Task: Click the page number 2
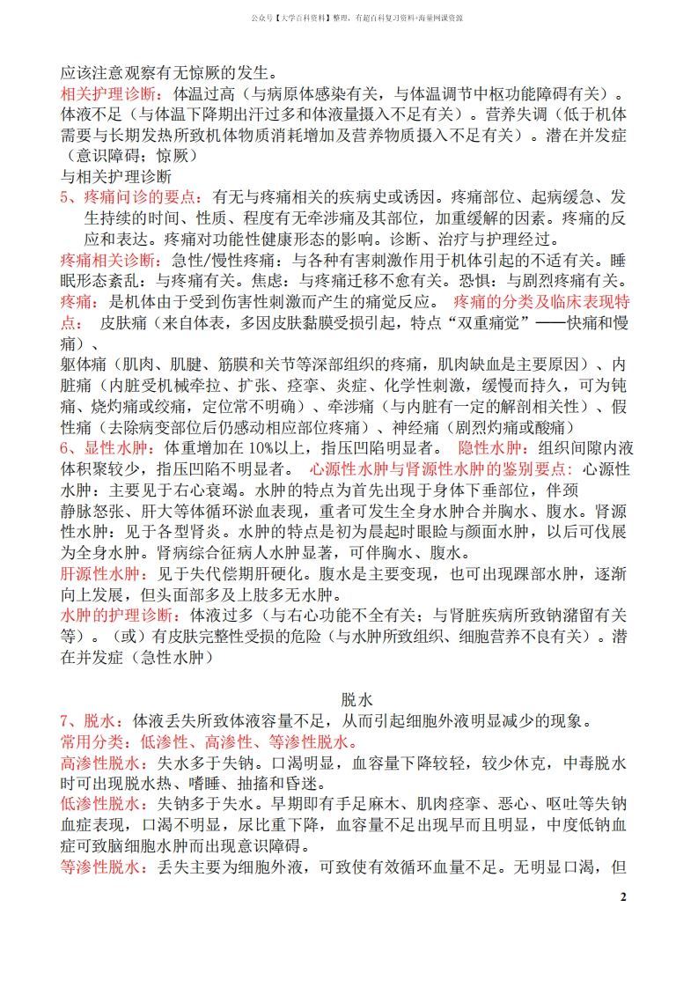coord(623,897)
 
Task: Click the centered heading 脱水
coord(357,700)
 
